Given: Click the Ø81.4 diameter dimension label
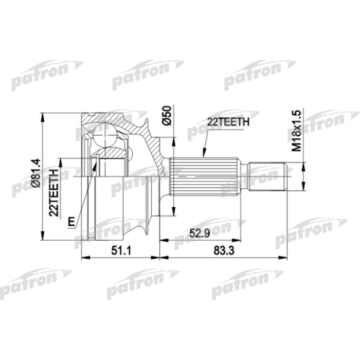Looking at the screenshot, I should (37, 175).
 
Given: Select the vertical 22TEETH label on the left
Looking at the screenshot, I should (53, 186).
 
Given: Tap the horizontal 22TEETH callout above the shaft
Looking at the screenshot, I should (228, 122).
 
